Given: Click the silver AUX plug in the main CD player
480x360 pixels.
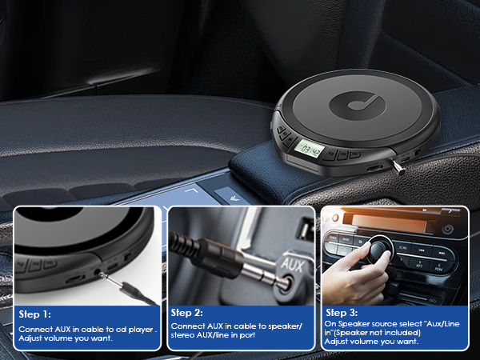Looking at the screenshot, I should (398, 166).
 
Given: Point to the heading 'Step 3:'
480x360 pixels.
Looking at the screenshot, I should (342, 312).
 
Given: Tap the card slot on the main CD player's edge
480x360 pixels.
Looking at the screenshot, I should (374, 170).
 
